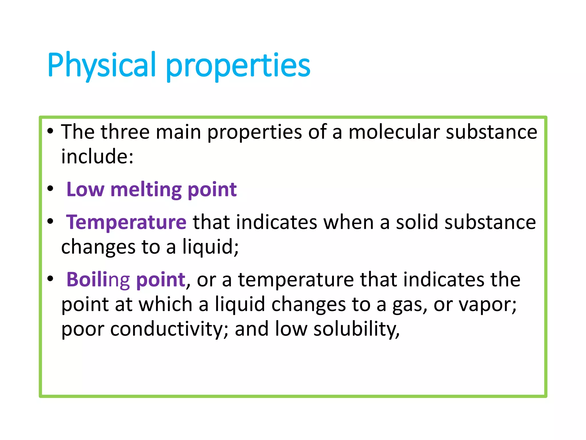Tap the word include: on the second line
pos(97,157)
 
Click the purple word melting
pos(146,190)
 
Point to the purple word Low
pos(85,190)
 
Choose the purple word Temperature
pos(126,222)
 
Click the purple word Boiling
pos(98,280)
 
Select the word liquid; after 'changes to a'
pos(210,247)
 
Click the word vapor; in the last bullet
pos(488,304)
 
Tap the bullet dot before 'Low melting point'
pos(50,189)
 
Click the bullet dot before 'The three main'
pos(50,131)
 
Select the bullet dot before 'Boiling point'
pos(50,279)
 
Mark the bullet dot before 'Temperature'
pos(50,221)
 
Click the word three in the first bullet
pos(125,132)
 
